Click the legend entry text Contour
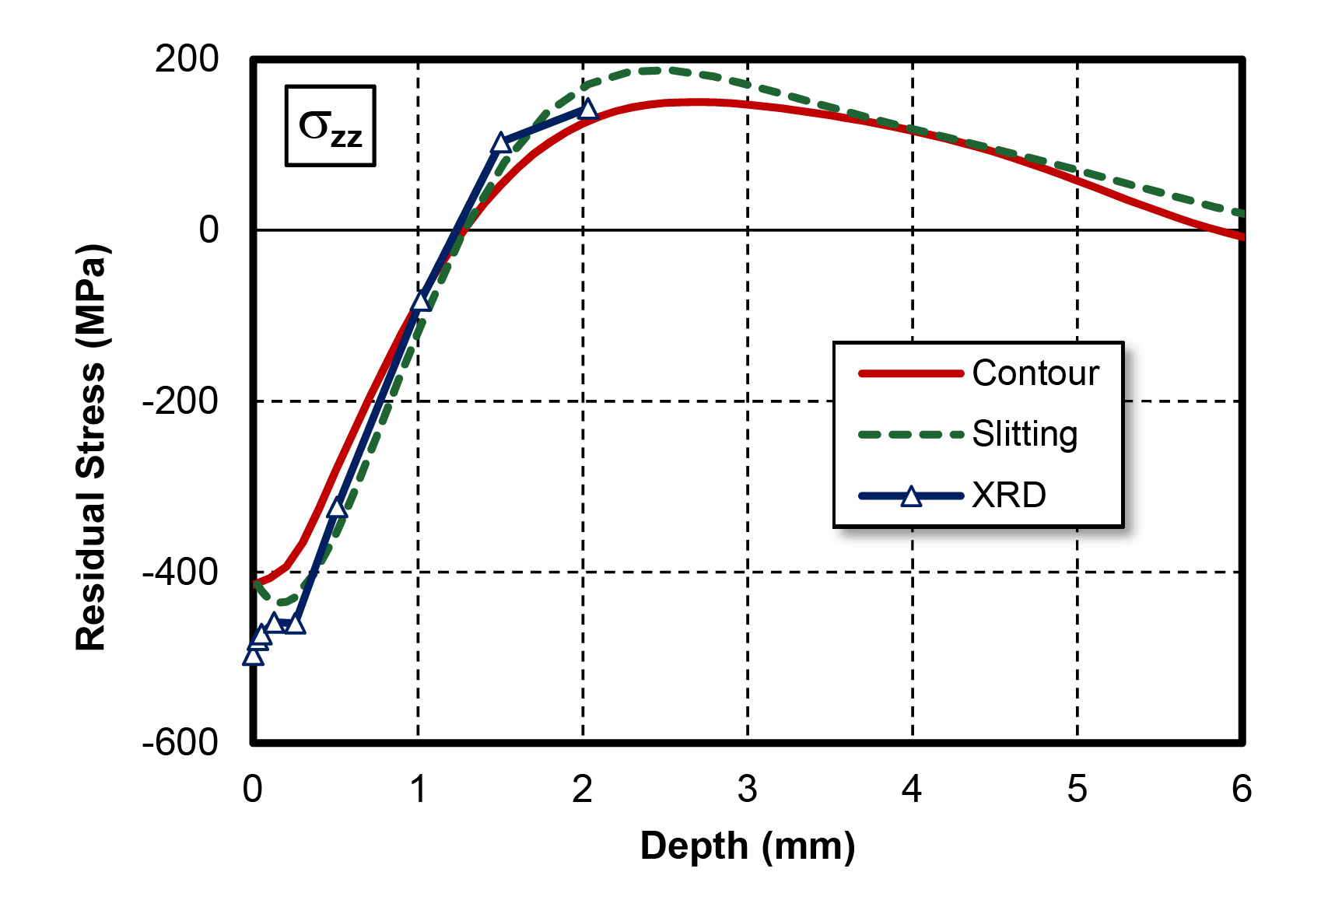click(x=1035, y=373)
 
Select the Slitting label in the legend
click(x=1025, y=434)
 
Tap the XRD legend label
click(x=1009, y=496)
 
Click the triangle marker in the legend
click(x=911, y=496)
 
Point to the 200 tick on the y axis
click(x=187, y=59)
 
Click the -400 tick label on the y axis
click(x=180, y=573)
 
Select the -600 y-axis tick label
click(x=180, y=743)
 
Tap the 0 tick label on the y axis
click(x=208, y=230)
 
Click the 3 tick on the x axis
click(x=747, y=790)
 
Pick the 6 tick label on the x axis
click(x=1241, y=790)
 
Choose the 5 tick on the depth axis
click(x=1077, y=790)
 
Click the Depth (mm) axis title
click(x=747, y=846)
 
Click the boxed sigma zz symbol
click(x=330, y=127)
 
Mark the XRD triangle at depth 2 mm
click(x=588, y=109)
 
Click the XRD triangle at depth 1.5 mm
click(x=501, y=142)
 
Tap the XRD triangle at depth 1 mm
click(x=421, y=301)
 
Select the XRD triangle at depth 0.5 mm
click(x=336, y=508)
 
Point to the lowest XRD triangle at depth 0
click(x=253, y=657)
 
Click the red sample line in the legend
click(x=910, y=374)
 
